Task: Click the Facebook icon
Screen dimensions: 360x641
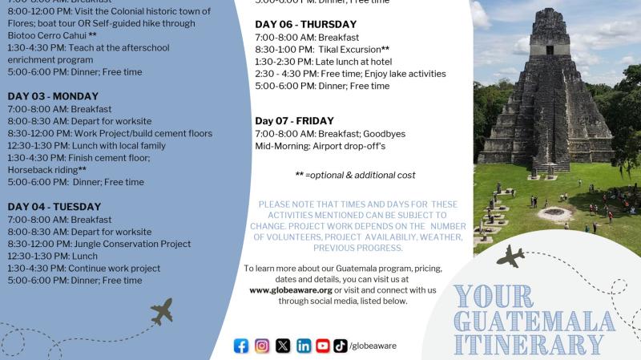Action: (x=241, y=346)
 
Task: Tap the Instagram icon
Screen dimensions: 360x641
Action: (x=262, y=346)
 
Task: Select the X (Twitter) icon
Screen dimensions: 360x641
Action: (x=283, y=346)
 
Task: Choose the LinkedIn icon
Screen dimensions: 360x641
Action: (x=304, y=346)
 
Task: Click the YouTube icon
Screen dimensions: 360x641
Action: (x=323, y=346)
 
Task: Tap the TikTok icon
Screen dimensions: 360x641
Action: (x=341, y=346)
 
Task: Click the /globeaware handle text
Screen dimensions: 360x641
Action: (x=373, y=346)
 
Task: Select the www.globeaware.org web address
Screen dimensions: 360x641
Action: (x=291, y=289)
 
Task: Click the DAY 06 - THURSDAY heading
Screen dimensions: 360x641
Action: (x=306, y=24)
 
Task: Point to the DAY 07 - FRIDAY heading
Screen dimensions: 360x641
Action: (x=294, y=121)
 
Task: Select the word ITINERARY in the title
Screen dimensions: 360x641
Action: (x=529, y=346)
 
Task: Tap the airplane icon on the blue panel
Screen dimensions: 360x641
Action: (x=162, y=311)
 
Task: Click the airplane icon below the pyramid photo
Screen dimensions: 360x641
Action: (x=510, y=257)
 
